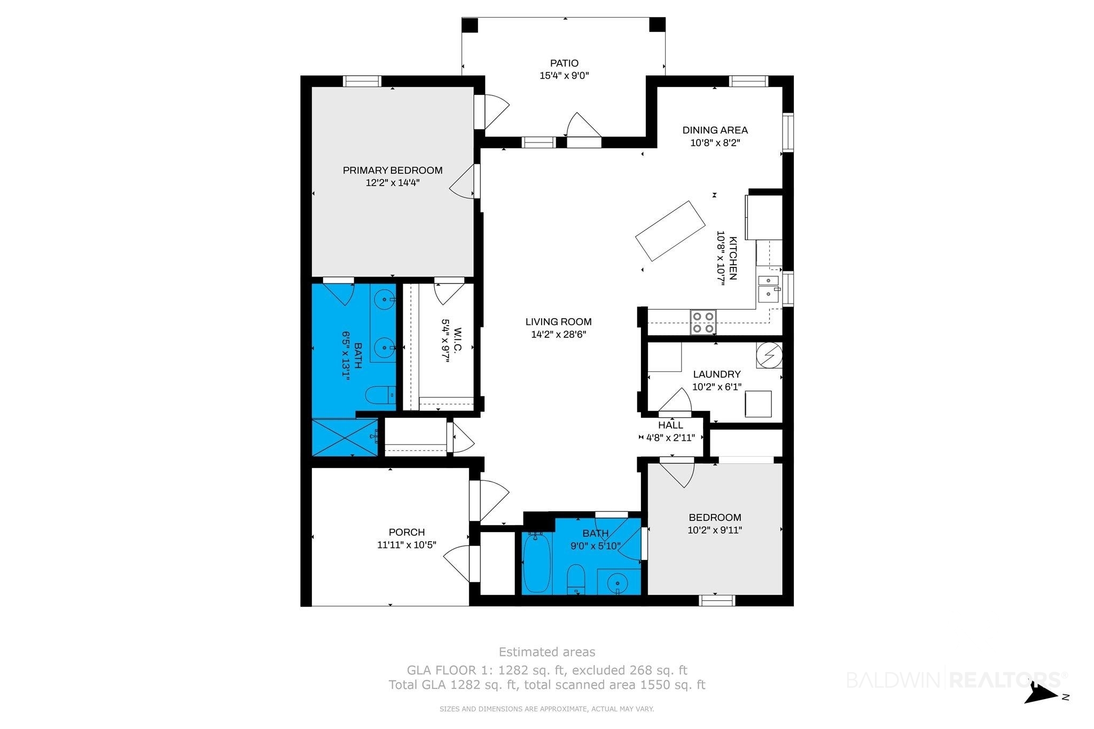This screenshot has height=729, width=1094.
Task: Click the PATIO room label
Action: tap(564, 63)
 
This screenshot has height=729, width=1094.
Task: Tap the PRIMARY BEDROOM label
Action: tap(393, 170)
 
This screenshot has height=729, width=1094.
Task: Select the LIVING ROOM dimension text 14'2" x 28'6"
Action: tap(558, 335)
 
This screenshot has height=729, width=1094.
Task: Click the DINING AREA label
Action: tap(715, 130)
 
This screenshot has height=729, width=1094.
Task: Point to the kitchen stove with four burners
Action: tap(702, 322)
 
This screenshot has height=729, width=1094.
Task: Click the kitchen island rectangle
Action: tap(670, 231)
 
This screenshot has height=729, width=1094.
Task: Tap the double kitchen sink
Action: tap(769, 288)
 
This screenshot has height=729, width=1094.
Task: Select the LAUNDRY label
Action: tap(717, 374)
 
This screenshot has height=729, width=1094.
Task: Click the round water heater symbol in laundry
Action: tap(769, 355)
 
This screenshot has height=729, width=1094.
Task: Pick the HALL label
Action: tap(670, 425)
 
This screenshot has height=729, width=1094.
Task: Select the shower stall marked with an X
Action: tap(345, 438)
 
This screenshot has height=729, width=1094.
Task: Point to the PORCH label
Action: tap(407, 532)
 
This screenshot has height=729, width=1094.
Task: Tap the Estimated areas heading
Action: tap(547, 652)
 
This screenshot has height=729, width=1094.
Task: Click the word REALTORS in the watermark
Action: tap(1006, 680)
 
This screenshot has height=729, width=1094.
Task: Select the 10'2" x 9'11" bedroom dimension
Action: tap(715, 530)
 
